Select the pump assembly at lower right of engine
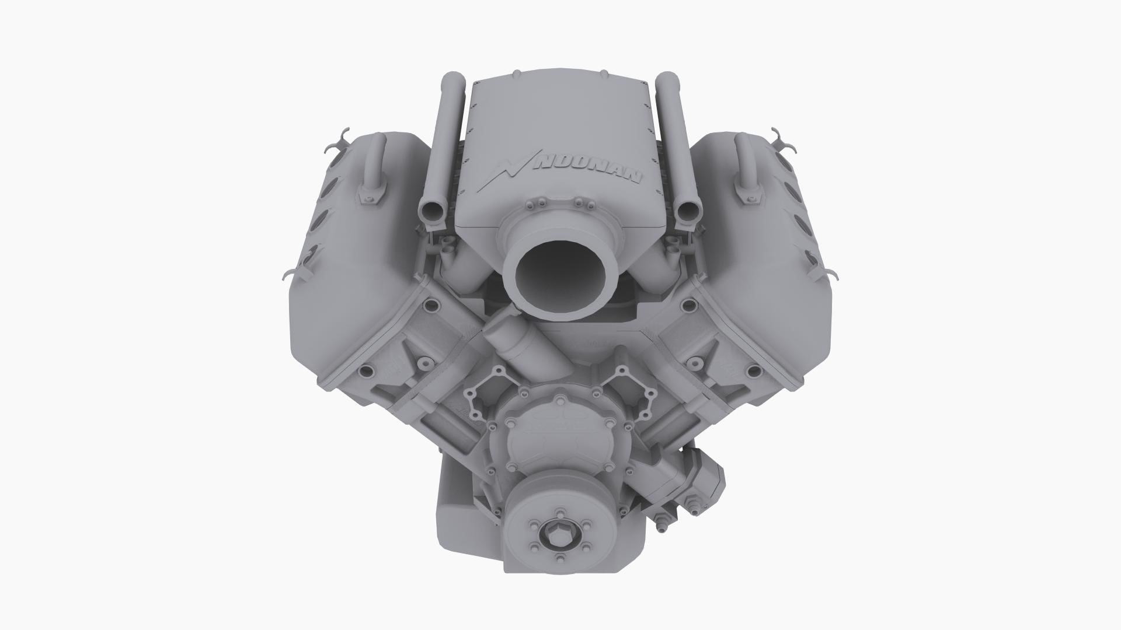tap(695, 478)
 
